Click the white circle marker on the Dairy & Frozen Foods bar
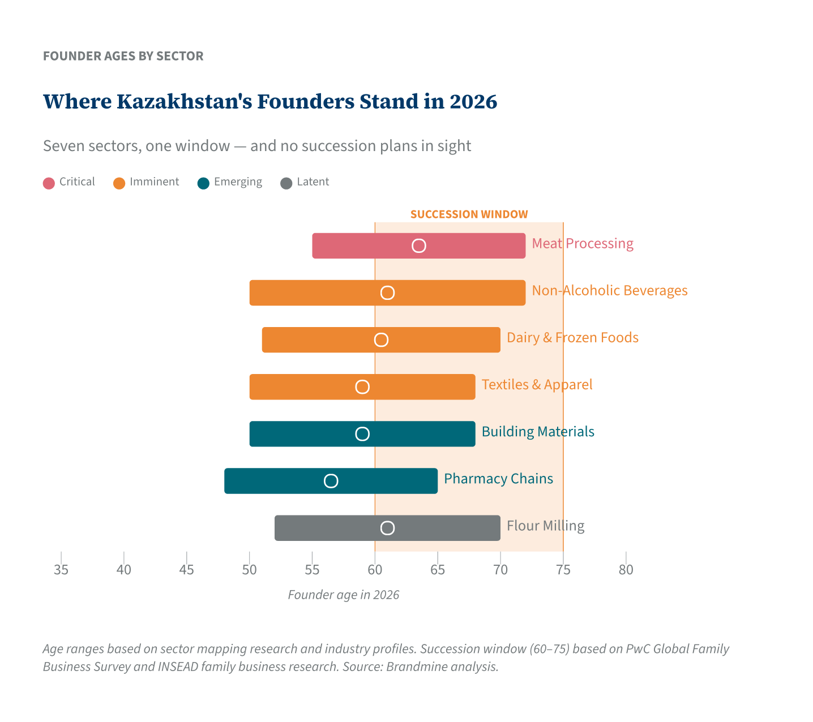tap(381, 339)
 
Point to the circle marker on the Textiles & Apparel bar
tap(362, 387)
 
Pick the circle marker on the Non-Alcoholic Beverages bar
tap(387, 293)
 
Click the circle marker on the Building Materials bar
tap(362, 434)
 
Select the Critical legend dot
tap(49, 183)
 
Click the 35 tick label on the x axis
tap(61, 570)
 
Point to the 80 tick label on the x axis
tap(626, 570)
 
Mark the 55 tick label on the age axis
tap(312, 570)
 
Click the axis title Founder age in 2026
tap(343, 595)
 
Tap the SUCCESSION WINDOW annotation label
tap(469, 214)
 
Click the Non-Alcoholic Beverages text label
tap(609, 291)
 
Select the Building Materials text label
tap(537, 432)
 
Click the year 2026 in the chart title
tap(473, 102)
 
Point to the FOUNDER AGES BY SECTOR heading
tap(123, 56)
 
